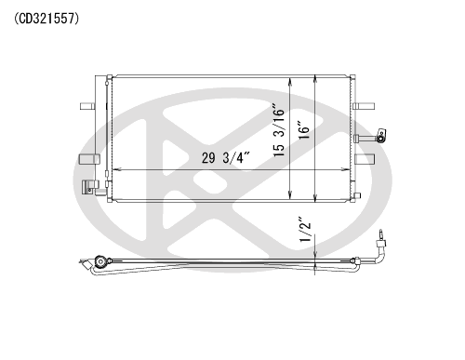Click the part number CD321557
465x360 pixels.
point(46,19)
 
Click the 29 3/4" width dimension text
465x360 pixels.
point(226,158)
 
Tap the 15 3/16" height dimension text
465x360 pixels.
point(279,130)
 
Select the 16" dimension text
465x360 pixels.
point(304,129)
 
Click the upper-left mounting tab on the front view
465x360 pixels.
point(87,106)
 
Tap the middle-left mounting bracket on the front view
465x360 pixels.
point(89,159)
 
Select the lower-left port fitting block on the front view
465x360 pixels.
point(90,187)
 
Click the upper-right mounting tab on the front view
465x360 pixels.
point(364,106)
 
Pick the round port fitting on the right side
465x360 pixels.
point(380,137)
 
